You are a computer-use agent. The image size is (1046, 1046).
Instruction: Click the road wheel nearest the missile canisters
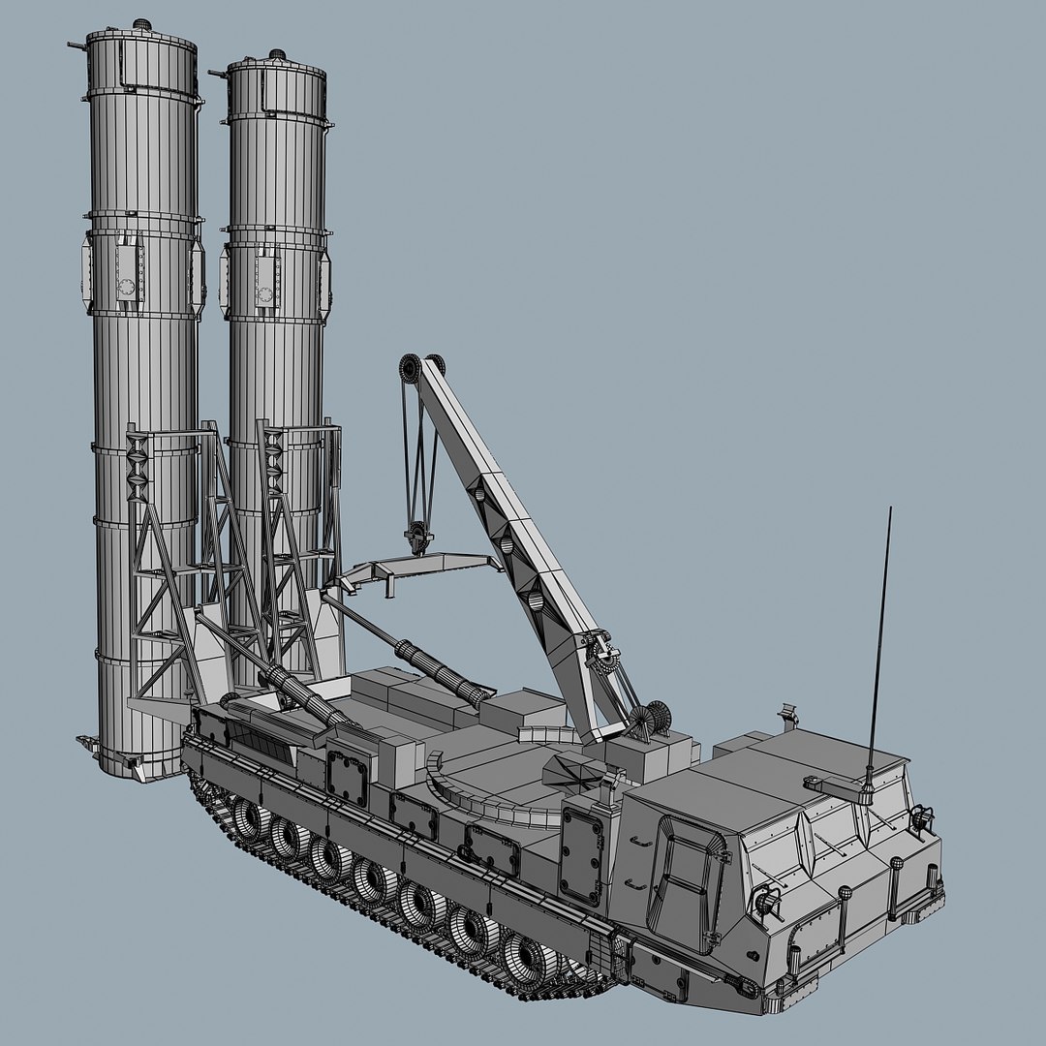click(x=250, y=820)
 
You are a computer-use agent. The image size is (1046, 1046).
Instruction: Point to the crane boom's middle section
click(x=523, y=542)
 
